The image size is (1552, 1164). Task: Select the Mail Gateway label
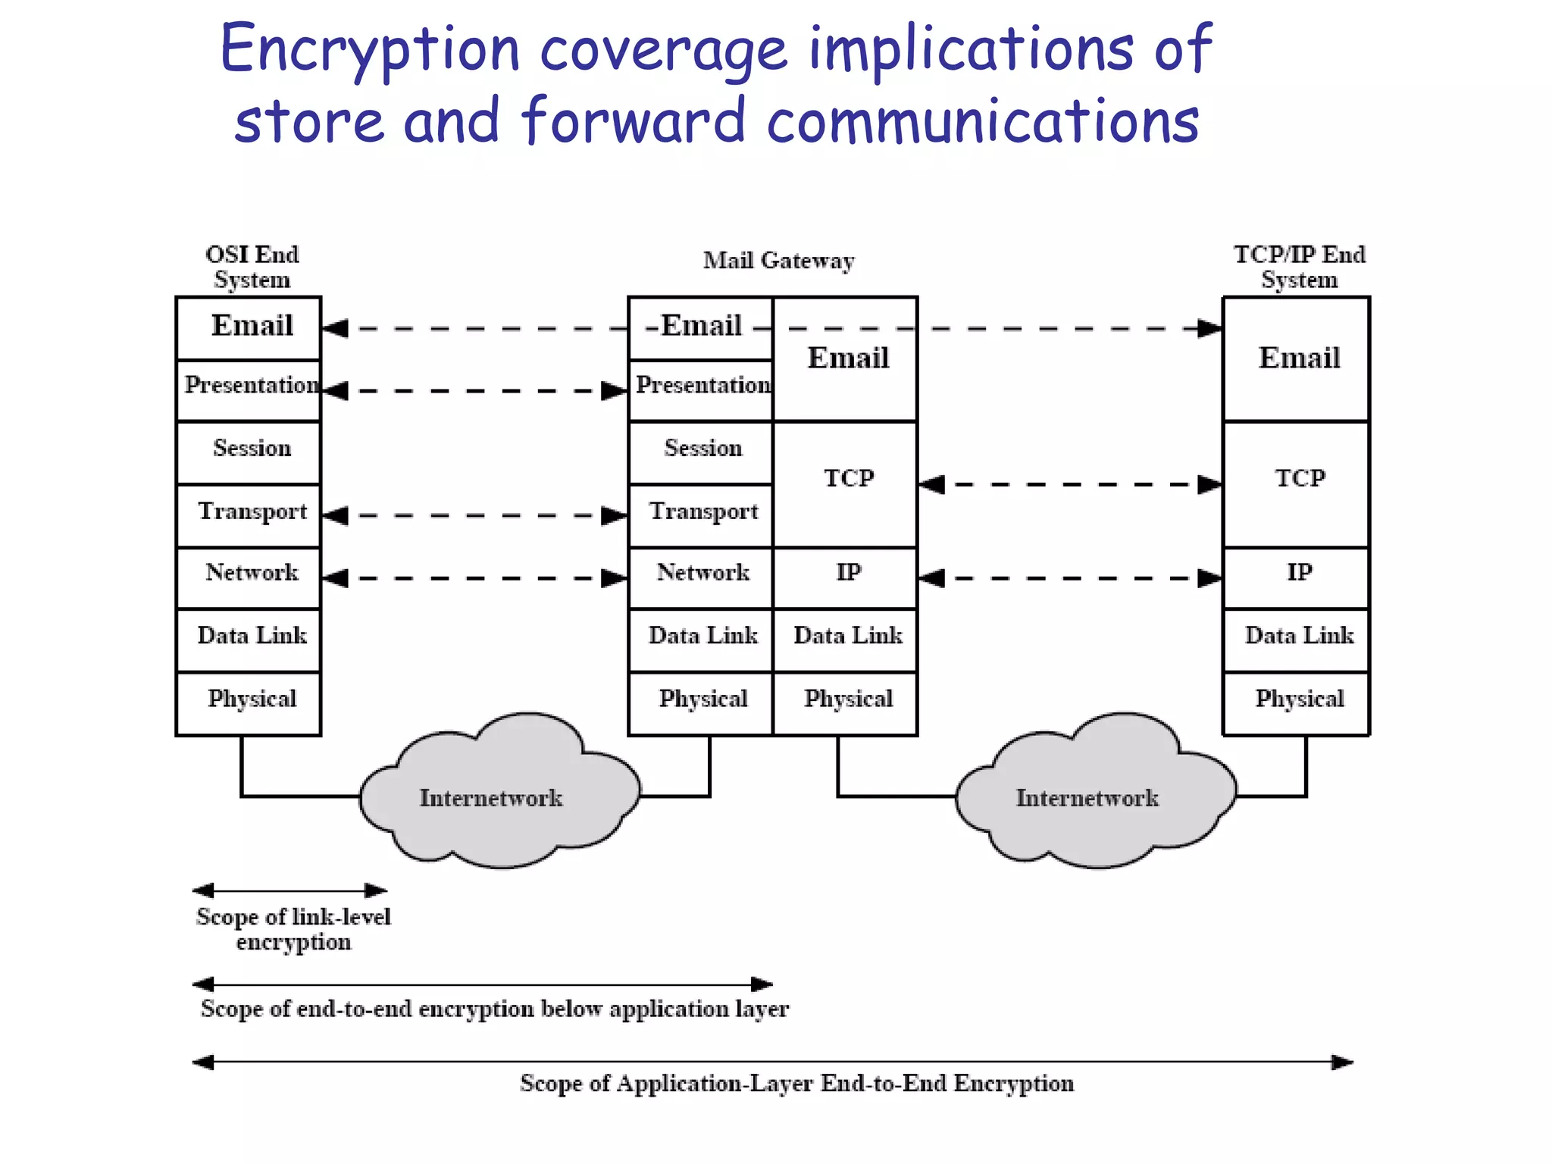(x=778, y=261)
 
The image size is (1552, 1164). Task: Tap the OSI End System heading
(x=252, y=267)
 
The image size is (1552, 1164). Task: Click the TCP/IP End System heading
(x=1299, y=267)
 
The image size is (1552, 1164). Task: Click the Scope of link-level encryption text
(x=293, y=929)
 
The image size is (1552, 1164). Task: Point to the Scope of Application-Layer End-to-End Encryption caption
(x=796, y=1084)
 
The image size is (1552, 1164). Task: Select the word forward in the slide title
(x=634, y=121)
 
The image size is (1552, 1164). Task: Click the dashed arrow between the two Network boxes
(x=475, y=578)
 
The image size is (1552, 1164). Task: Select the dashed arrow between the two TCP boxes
(x=1070, y=484)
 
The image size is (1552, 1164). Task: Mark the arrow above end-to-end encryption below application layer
(x=483, y=984)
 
